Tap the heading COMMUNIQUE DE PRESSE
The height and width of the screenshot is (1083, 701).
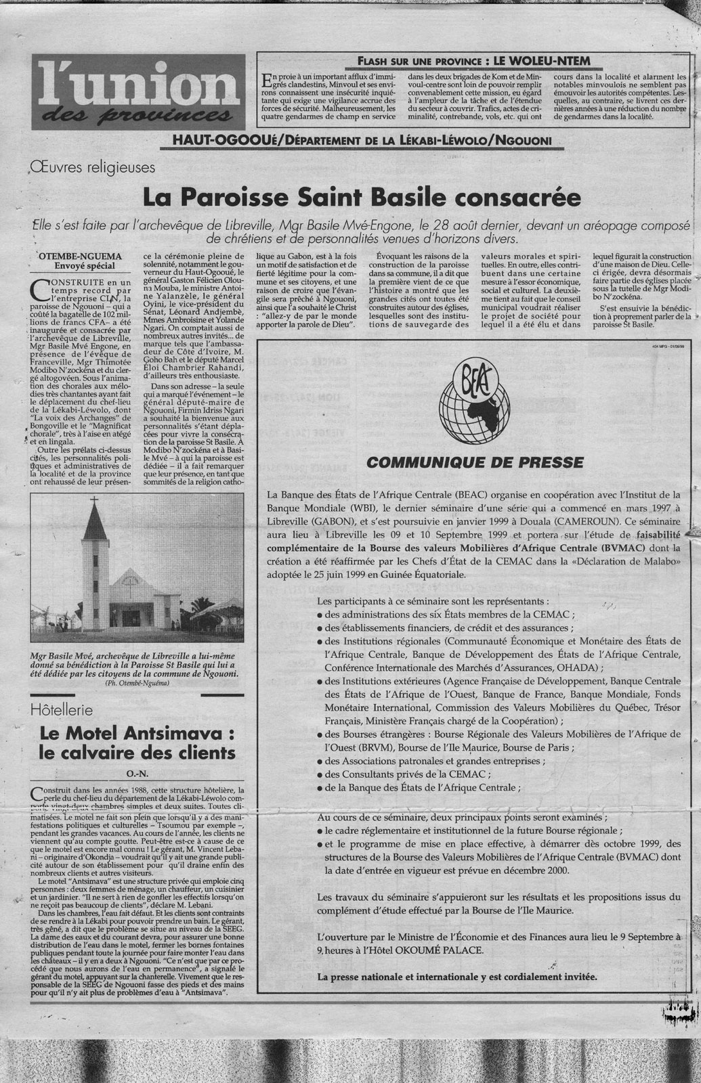point(473,463)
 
